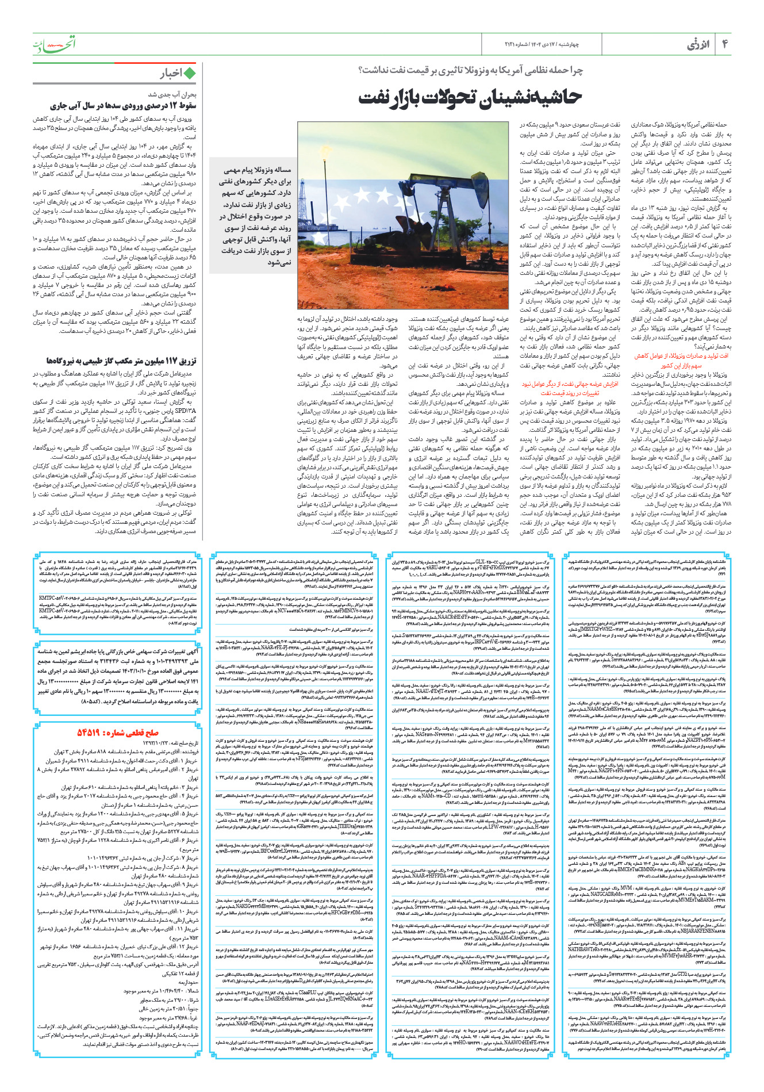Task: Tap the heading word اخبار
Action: coord(171,74)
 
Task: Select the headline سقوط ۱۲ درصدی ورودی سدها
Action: coord(123,106)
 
